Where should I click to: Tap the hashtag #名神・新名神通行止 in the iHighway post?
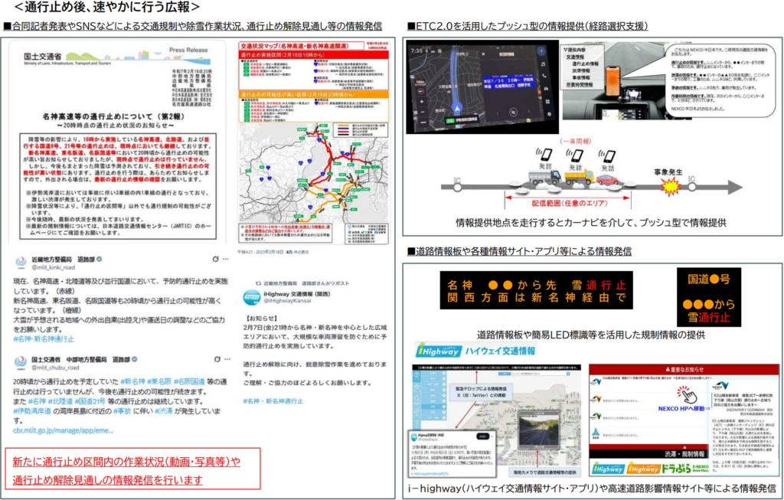point(273,400)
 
